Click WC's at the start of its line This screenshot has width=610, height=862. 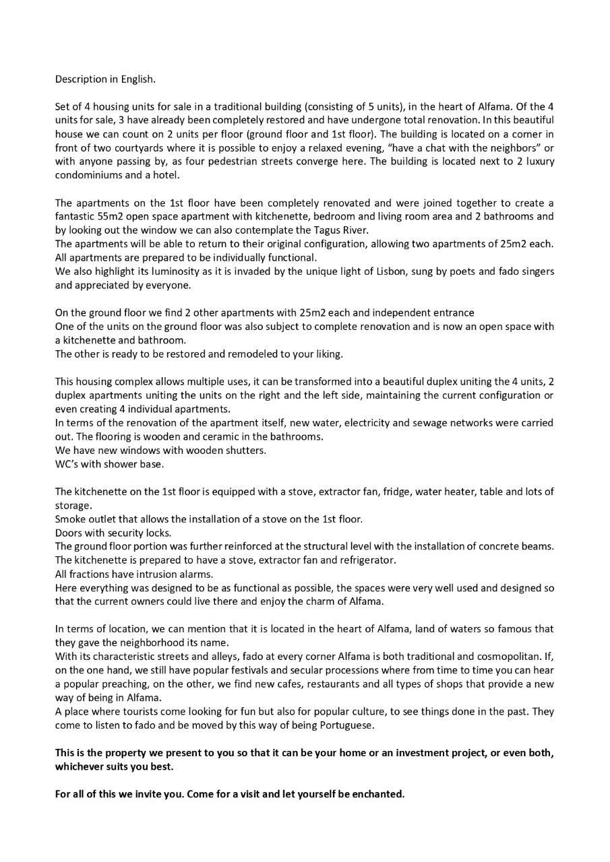point(67,464)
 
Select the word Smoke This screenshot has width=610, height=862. point(69,519)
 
